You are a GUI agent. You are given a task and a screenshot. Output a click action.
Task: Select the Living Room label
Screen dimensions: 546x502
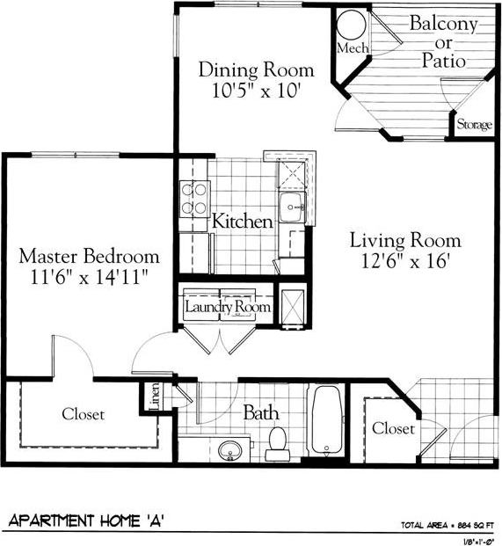(405, 239)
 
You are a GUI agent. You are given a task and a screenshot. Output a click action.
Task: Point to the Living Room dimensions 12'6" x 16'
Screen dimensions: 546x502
(405, 260)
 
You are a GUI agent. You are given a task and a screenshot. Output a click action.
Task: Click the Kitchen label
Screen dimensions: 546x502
(243, 222)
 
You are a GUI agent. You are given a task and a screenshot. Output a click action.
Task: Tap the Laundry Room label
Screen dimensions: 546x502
(228, 307)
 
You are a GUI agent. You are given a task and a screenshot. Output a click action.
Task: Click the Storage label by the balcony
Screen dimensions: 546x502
(474, 125)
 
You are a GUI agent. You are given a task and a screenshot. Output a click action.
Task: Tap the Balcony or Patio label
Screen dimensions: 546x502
(442, 42)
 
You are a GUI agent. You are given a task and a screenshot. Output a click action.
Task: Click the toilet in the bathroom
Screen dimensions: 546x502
(278, 444)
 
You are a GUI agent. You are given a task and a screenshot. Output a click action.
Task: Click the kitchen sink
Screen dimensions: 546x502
(291, 208)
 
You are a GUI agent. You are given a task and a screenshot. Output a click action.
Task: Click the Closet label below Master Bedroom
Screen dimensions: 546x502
(83, 413)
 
